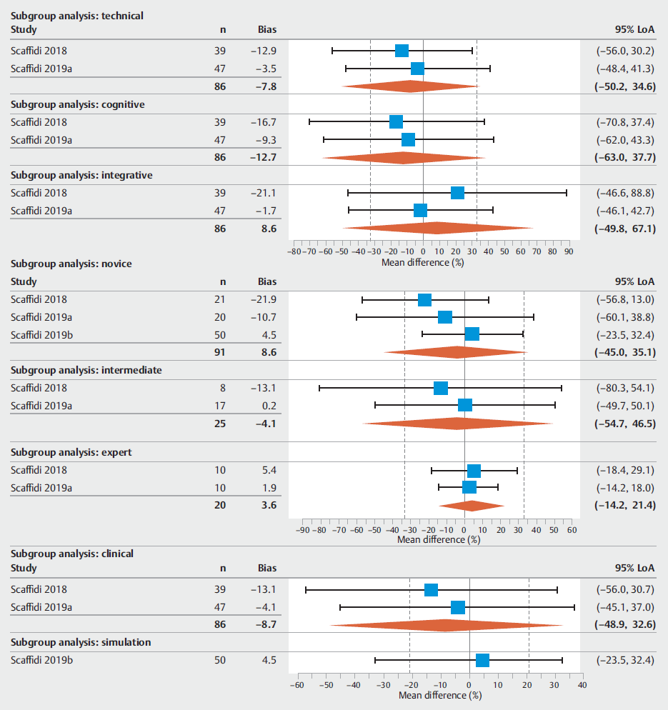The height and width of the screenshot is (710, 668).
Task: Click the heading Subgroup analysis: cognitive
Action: coord(78,104)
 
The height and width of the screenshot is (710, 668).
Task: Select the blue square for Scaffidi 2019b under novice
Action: coord(472,334)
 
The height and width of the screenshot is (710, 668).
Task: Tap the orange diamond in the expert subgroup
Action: coord(471,506)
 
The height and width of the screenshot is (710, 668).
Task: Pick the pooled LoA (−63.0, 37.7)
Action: coord(624,158)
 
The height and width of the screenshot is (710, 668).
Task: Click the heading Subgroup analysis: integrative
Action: coord(81,175)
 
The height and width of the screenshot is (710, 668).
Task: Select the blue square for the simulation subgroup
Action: coord(482,660)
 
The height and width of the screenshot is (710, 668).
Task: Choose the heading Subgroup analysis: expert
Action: coord(71,452)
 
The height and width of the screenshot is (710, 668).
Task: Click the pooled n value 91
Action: coord(219,352)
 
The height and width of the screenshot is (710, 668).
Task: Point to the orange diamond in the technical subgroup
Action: coord(410,86)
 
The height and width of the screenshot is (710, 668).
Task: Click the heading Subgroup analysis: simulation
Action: coord(81,642)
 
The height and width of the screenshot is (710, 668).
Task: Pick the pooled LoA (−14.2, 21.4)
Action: coord(624,506)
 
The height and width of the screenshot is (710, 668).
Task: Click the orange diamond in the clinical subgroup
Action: coord(446,626)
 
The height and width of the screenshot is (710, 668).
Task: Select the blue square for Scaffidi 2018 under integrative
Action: coord(457,193)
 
